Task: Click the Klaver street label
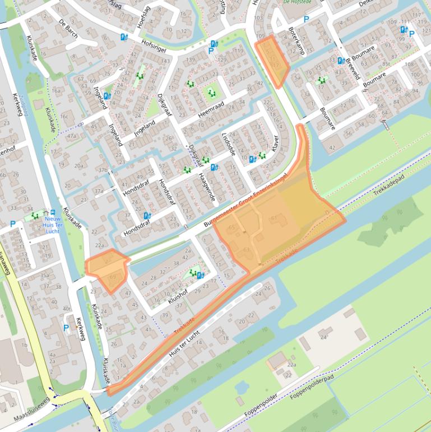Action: (275, 141)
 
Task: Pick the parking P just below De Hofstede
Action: (306, 19)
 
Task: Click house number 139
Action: (190, 59)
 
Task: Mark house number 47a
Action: (71, 135)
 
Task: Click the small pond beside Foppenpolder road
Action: (242, 387)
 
